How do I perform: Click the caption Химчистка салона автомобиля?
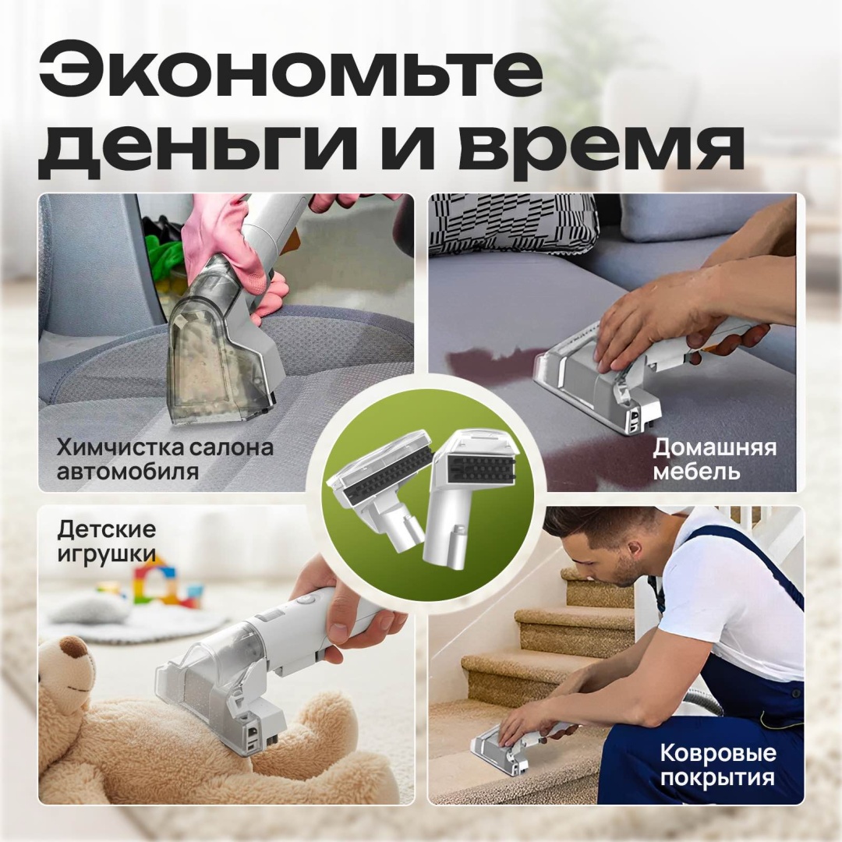tap(165, 458)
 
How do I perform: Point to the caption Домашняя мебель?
tap(714, 458)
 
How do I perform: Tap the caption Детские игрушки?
tap(106, 541)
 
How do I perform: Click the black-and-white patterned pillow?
tap(513, 223)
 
